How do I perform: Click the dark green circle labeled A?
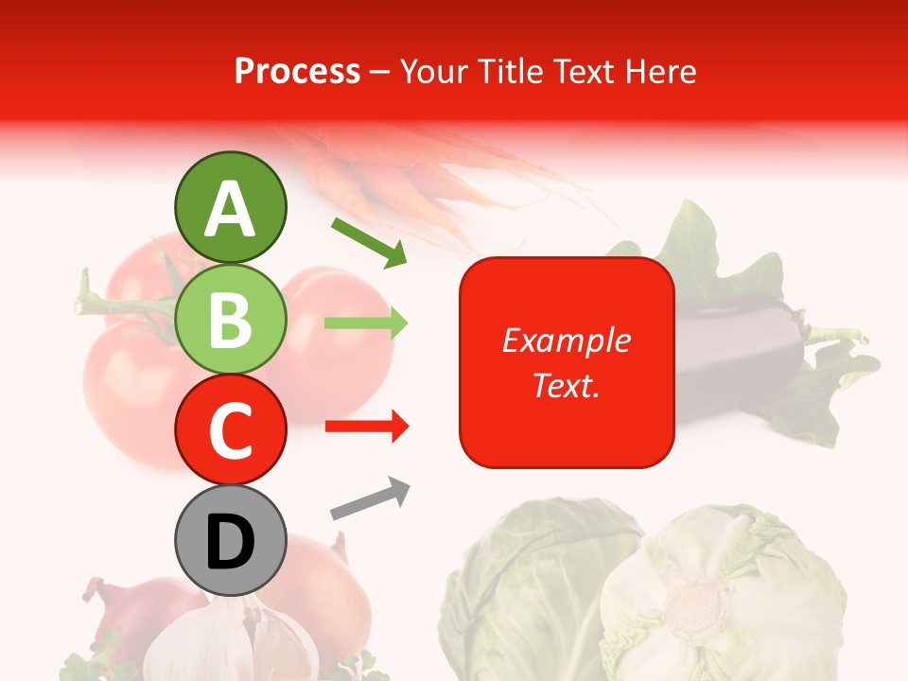(x=230, y=207)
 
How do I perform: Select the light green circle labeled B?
(x=230, y=320)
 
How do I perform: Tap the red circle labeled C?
(x=230, y=429)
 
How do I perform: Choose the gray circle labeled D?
(x=230, y=541)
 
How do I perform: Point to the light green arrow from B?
(x=366, y=323)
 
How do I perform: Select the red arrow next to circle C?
(x=366, y=428)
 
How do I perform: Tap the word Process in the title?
(x=297, y=71)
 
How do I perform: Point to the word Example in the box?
(x=566, y=340)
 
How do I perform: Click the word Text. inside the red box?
(x=566, y=385)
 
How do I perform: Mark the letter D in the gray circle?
(x=230, y=543)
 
